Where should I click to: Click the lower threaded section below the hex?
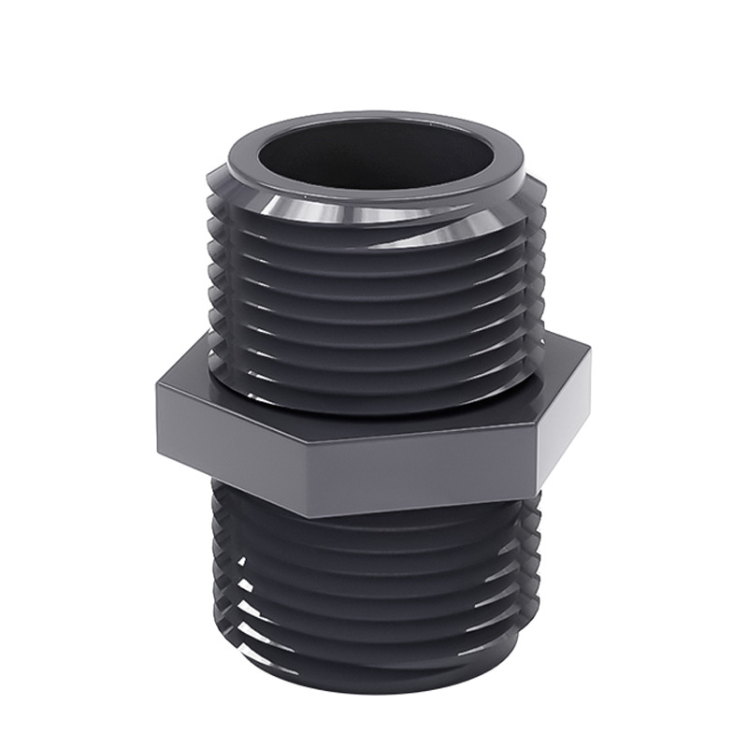click(374, 580)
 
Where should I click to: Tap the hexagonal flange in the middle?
click(374, 430)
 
